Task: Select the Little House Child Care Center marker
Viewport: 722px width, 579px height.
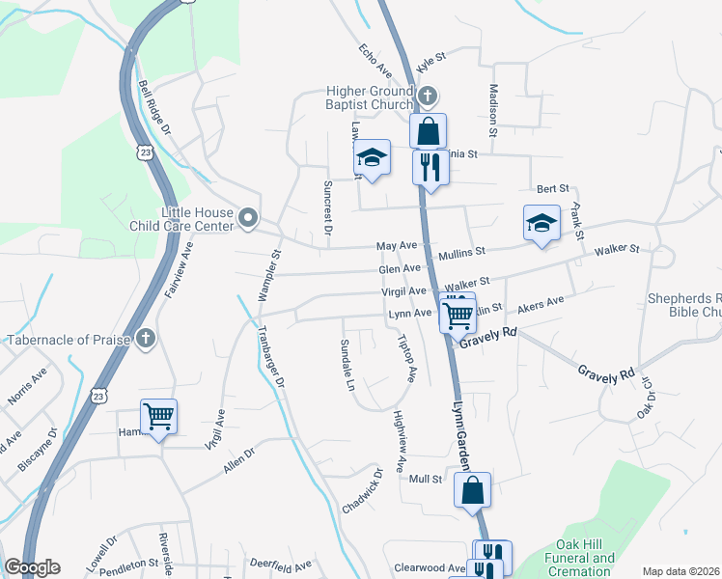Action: [247, 218]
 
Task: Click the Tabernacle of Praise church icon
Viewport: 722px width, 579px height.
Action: [145, 339]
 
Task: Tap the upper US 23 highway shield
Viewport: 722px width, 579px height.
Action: [145, 152]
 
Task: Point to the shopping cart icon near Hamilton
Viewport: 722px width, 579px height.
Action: [159, 418]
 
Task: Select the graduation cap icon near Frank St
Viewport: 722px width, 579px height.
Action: [541, 223]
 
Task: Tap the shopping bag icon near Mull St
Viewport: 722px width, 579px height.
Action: [472, 490]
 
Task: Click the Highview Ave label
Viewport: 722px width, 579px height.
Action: [399, 436]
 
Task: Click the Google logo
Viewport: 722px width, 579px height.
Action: [32, 567]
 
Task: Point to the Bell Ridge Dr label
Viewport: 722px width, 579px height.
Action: [154, 107]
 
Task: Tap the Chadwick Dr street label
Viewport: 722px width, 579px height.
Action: [363, 492]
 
